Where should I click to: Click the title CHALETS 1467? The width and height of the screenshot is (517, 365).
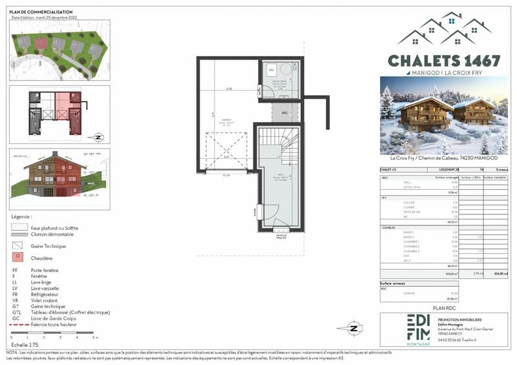coord(444,61)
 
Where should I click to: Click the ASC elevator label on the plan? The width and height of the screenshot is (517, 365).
coord(284,112)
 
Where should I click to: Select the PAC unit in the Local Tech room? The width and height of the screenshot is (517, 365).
coord(271,68)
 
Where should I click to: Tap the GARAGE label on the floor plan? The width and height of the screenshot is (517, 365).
coord(226,120)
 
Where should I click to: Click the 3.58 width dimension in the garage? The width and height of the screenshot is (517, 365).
coord(228,89)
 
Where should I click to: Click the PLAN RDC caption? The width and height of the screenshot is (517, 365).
coord(445,309)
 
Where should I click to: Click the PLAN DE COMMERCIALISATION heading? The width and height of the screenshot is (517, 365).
coord(36,12)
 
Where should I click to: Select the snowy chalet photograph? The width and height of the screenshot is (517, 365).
coord(444,116)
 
